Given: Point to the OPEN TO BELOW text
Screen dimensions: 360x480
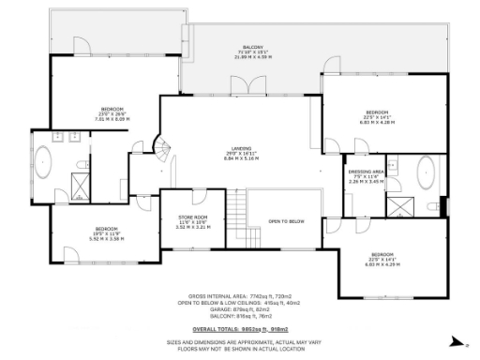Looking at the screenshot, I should [x=286, y=221].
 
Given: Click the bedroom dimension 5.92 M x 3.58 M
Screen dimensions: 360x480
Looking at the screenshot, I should [x=106, y=238].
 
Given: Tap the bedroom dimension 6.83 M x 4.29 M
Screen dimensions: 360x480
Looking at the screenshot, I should [x=381, y=263].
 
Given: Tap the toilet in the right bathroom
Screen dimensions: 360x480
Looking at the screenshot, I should [x=432, y=206].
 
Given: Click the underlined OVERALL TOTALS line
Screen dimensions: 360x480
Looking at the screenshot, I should [x=240, y=330].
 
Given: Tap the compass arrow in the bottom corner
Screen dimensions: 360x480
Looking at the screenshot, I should [x=454, y=341].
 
